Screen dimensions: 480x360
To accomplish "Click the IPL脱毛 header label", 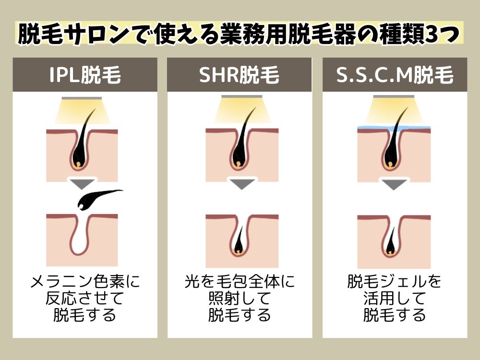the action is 85,75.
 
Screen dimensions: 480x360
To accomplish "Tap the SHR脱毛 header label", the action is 239,75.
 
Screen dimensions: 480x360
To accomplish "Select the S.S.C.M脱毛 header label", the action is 395,75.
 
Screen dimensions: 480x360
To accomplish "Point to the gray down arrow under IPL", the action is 82,184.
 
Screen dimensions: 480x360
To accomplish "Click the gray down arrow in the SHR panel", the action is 242,184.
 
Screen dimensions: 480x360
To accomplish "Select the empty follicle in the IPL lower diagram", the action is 82,236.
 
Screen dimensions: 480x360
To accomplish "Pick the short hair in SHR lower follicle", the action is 239,242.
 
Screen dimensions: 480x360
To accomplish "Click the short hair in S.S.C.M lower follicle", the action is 391,242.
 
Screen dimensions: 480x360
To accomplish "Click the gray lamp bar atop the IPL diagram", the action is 82,98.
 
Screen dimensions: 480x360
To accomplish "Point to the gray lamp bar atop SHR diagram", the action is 242,97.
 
